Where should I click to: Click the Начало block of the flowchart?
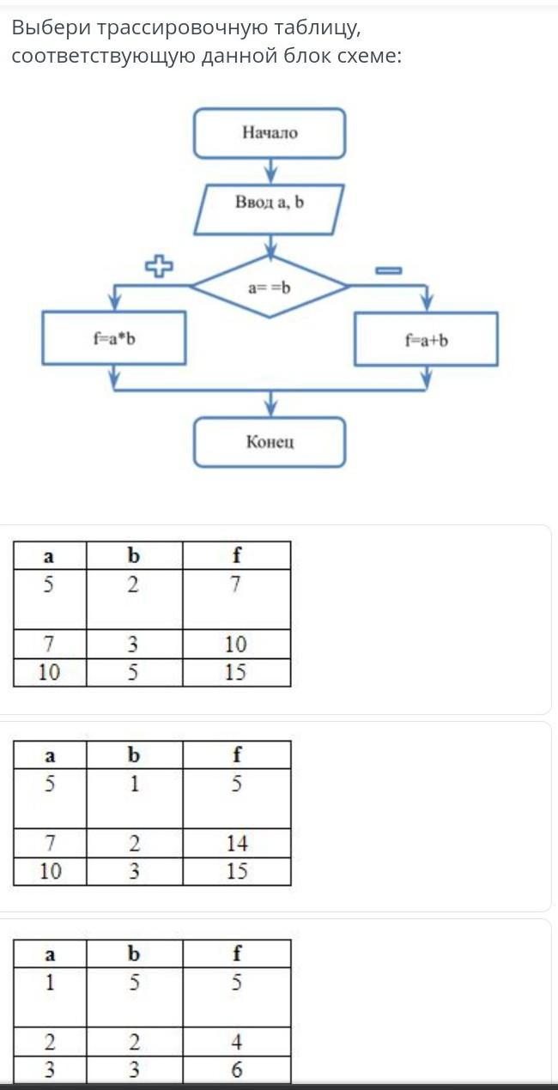(x=270, y=133)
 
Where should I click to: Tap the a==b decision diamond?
(x=270, y=288)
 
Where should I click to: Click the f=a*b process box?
(x=114, y=338)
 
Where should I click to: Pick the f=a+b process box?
(x=427, y=339)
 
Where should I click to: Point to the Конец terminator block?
(x=270, y=442)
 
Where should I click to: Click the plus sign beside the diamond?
(x=159, y=267)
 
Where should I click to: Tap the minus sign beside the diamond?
(x=388, y=270)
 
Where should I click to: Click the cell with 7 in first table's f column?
(x=236, y=585)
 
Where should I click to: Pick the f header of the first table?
(x=236, y=555)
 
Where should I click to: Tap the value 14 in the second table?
(x=237, y=844)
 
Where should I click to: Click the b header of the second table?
(x=134, y=754)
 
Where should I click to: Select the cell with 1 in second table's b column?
(x=134, y=784)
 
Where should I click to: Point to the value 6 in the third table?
(x=237, y=1070)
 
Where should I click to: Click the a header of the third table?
(x=50, y=954)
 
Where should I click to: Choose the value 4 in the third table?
(x=237, y=1042)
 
